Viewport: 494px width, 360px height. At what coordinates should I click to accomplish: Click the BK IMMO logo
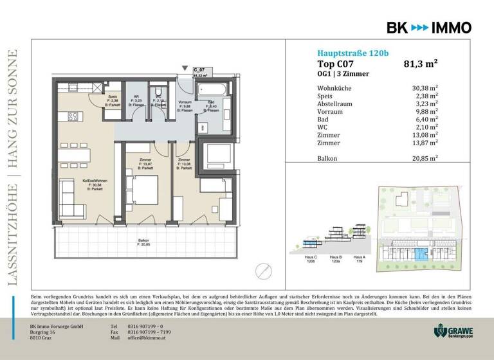428,27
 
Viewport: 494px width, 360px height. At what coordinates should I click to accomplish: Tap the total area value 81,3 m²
421,64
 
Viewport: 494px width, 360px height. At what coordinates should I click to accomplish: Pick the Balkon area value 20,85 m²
425,157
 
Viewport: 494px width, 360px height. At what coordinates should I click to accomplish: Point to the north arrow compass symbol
262,270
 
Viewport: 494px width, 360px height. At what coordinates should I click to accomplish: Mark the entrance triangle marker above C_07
185,67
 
